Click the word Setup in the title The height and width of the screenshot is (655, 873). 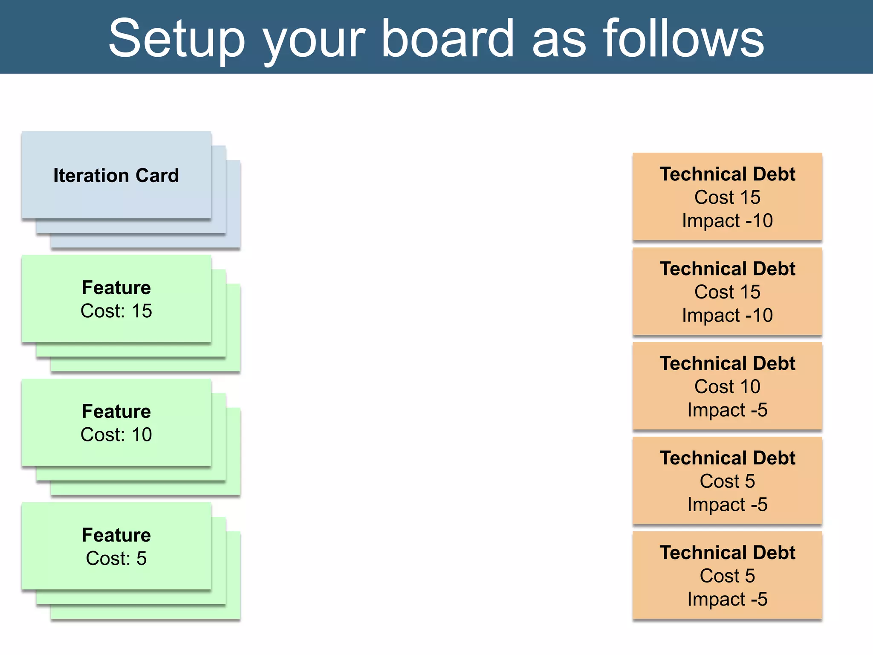176,39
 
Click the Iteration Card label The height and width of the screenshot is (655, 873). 116,175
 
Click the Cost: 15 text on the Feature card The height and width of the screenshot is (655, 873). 116,311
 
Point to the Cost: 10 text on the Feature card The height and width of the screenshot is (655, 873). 116,435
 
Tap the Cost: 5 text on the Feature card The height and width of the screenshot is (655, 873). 116,558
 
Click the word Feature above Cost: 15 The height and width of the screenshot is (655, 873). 116,287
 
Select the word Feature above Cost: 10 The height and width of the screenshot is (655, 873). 116,411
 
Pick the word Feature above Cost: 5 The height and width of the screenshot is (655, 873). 116,535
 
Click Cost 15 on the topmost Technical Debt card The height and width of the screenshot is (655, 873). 727,197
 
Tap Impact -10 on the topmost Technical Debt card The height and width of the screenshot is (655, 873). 727,221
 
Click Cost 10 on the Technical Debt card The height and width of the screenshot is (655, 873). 727,387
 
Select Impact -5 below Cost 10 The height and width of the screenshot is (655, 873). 727,410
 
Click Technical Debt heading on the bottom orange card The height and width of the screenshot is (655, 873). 727,553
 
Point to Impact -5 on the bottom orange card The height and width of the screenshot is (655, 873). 727,599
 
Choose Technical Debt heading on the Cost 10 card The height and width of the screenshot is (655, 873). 727,363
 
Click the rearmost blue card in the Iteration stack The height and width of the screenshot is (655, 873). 233,205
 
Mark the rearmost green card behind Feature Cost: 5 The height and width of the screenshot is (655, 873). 233,576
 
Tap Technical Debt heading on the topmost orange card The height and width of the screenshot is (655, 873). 727,174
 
